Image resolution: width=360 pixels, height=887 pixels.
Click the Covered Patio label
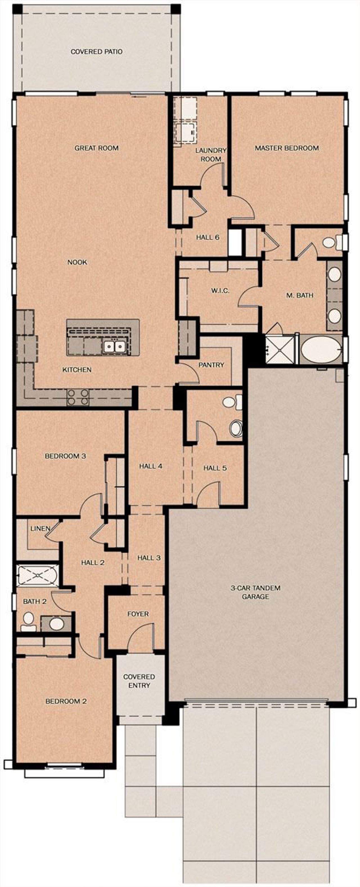click(96, 52)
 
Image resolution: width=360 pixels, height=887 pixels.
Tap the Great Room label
click(96, 148)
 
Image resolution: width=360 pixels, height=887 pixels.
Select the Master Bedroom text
click(287, 148)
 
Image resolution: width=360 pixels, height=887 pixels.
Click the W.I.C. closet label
click(220, 291)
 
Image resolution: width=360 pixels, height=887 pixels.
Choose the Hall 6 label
click(208, 237)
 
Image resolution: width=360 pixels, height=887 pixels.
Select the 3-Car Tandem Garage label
click(255, 592)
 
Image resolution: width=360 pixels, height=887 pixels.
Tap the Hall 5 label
click(215, 468)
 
